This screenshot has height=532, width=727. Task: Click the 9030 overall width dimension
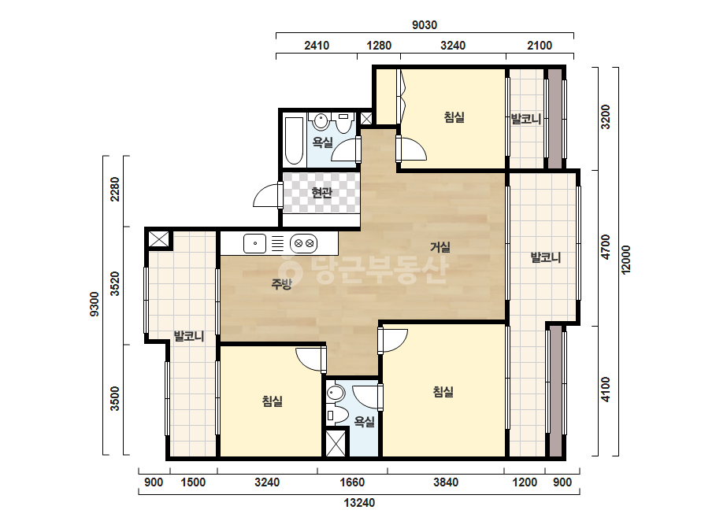(x=425, y=25)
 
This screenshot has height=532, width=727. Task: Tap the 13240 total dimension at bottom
(x=359, y=503)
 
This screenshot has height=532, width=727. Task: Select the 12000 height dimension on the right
(x=625, y=260)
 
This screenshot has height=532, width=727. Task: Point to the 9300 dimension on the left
(x=94, y=304)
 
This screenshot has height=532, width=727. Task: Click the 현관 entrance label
(x=322, y=192)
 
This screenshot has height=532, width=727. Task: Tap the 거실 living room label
(x=440, y=247)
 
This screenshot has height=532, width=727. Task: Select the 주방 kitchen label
(x=281, y=283)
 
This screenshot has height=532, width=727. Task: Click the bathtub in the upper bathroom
(x=294, y=141)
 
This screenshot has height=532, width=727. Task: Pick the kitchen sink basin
(x=254, y=243)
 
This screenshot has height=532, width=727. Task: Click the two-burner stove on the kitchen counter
(x=304, y=243)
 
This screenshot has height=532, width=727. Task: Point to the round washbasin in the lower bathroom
(x=336, y=393)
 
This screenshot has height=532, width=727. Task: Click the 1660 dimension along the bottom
(x=352, y=482)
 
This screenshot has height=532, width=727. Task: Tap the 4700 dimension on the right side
(x=605, y=247)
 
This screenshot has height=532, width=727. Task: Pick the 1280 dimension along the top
(x=379, y=46)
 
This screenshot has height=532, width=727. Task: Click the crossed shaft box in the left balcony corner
(x=158, y=239)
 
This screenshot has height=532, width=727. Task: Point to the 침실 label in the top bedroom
(x=454, y=116)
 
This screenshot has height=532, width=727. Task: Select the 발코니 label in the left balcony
(x=189, y=335)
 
